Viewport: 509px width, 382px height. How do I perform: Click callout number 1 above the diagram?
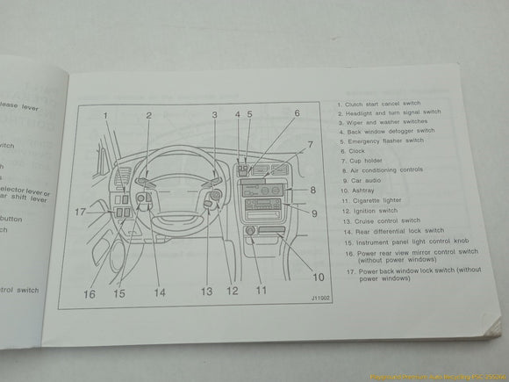[104, 115]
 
